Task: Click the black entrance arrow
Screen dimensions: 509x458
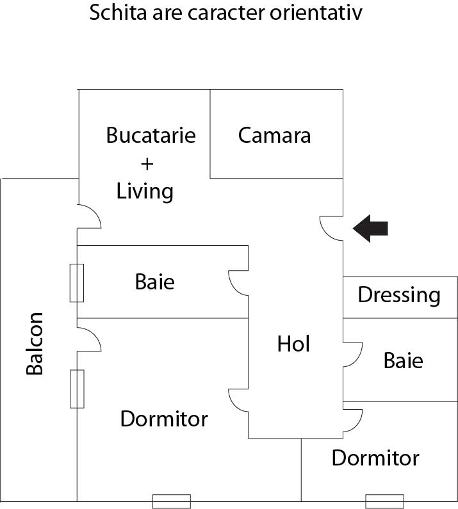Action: coord(371,229)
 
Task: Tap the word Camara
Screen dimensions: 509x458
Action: coord(274,135)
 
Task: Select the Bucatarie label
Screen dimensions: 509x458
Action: coord(151,135)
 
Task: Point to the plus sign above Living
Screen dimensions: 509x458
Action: coord(147,164)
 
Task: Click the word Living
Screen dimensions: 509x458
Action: coord(145,191)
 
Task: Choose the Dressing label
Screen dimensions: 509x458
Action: coord(399,295)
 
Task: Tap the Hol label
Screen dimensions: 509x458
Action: coord(293,344)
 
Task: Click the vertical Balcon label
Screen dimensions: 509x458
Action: coord(35,343)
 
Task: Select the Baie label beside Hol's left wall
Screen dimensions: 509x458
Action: coord(154,282)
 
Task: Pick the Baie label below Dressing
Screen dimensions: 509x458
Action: coord(403,360)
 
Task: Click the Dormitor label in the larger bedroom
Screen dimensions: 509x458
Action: coord(164,419)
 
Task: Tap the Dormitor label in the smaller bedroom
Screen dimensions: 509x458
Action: coord(375,458)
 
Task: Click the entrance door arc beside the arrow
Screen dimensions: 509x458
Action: coord(332,228)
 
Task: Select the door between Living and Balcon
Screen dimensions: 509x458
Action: coord(88,216)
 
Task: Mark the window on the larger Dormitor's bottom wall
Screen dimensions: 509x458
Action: coord(171,501)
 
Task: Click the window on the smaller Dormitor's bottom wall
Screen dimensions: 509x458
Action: coord(384,501)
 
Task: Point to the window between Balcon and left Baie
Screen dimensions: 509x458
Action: coord(77,282)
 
